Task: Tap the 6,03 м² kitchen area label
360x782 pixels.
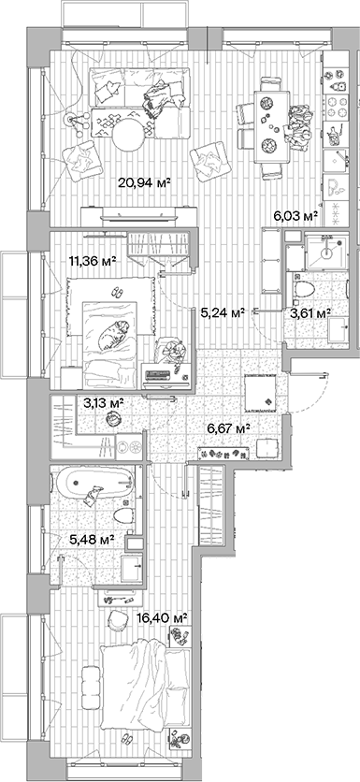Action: (x=295, y=216)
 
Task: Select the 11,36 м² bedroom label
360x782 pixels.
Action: (x=92, y=262)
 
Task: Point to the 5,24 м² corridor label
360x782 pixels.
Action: (x=223, y=313)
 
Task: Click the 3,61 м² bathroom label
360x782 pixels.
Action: (x=310, y=313)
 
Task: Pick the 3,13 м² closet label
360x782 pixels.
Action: (x=104, y=404)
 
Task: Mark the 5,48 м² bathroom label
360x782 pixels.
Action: (x=92, y=540)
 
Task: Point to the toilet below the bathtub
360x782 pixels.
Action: (x=120, y=514)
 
